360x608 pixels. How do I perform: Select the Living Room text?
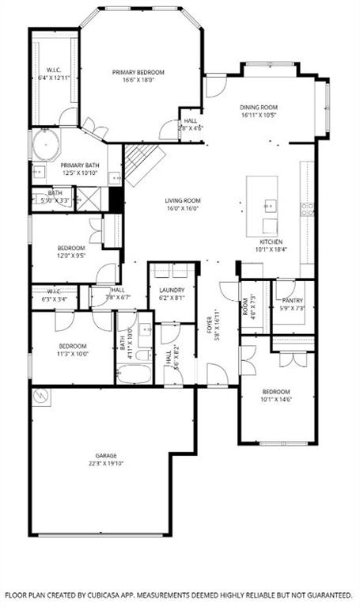(183, 200)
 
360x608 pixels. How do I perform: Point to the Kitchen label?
(271, 241)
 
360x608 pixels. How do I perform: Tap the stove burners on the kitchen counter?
(306, 209)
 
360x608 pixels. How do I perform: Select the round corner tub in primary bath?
(45, 146)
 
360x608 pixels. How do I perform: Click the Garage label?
(107, 456)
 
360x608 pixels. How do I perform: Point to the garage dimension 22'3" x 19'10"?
(107, 464)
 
